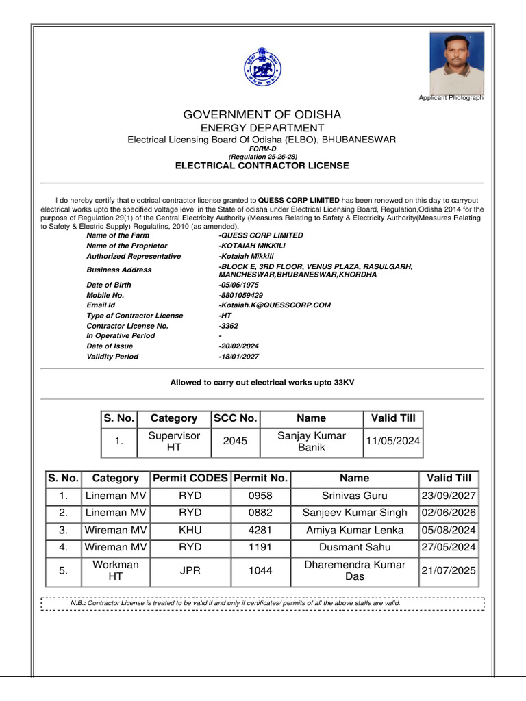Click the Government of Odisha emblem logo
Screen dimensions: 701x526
[262, 66]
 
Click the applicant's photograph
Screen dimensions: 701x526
[457, 62]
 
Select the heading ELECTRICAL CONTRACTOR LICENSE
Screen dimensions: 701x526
[262, 166]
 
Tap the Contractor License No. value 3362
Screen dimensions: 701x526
[229, 326]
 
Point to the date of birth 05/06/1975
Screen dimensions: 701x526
[239, 285]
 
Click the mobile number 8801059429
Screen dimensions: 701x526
[240, 295]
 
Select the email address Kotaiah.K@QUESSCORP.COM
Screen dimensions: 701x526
[275, 305]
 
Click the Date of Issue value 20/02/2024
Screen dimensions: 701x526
[239, 346]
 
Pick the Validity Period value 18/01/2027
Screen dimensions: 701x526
[239, 357]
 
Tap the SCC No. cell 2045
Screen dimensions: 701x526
[236, 442]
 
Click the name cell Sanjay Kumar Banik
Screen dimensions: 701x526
[311, 442]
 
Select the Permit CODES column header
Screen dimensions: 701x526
[190, 478]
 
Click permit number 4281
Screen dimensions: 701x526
[260, 530]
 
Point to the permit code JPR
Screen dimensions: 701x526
[190, 570]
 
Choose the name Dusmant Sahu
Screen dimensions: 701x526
[354, 547]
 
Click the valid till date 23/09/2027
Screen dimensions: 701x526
[449, 496]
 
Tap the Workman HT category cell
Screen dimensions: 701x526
[115, 570]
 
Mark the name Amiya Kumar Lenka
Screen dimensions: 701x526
[354, 530]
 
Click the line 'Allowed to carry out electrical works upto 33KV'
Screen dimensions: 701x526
[262, 383]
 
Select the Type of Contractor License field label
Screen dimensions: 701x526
[135, 316]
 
